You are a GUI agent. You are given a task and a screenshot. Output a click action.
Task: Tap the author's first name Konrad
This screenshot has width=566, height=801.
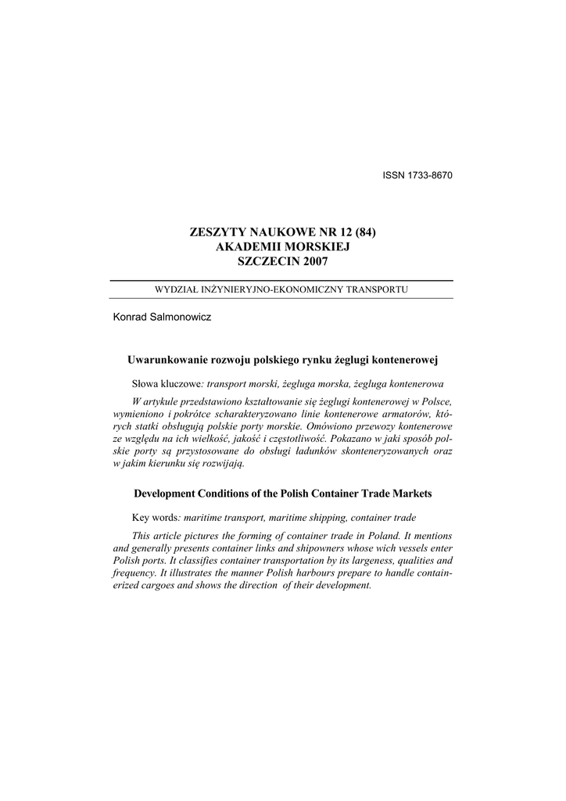[131, 318]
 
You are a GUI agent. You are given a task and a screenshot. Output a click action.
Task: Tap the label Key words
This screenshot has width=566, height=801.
[156, 519]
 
